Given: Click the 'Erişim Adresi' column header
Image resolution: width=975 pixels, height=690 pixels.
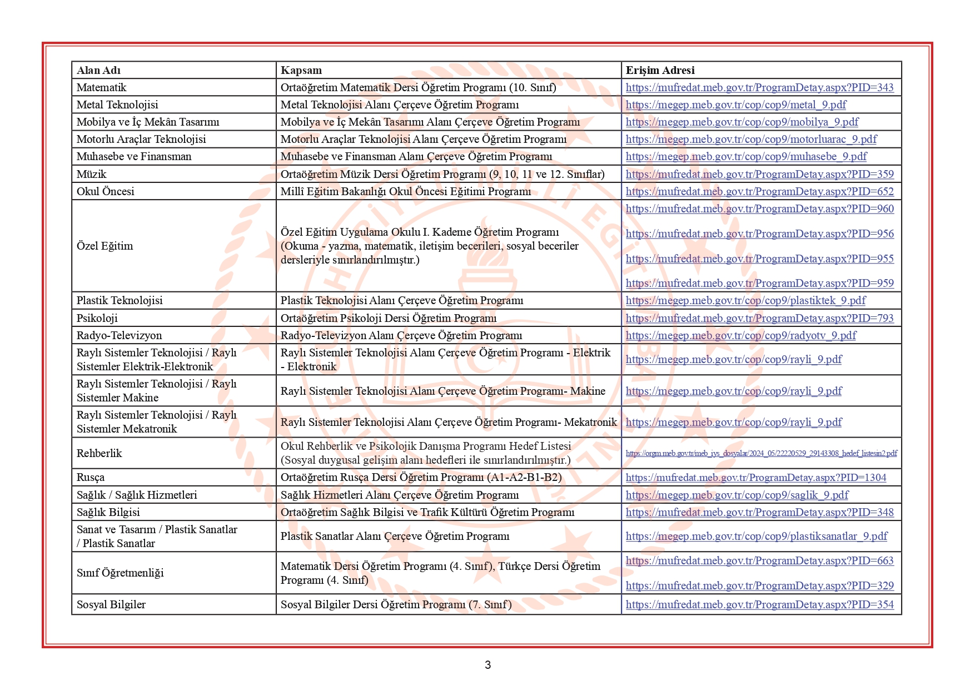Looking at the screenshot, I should (660, 70).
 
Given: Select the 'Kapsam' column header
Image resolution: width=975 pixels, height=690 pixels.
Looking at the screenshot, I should (301, 70).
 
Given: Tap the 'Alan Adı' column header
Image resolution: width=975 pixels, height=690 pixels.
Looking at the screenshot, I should (98, 70).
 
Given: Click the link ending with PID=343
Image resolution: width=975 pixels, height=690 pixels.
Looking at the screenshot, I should (759, 87).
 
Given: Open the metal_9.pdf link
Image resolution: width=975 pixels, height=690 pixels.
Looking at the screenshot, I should (736, 105).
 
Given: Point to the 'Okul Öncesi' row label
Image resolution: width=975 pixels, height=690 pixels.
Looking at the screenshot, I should (105, 191).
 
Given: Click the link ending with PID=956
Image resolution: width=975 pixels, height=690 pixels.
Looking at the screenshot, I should (759, 234).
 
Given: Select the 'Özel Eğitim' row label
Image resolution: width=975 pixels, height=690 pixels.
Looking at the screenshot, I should (105, 246).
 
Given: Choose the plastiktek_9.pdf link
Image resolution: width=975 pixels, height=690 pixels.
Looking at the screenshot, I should (745, 300).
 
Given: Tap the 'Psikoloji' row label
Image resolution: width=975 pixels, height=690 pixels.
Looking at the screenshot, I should (97, 318).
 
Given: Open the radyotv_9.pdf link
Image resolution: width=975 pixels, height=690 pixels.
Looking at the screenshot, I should (741, 335).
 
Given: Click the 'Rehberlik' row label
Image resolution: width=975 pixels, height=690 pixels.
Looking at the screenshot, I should (99, 453).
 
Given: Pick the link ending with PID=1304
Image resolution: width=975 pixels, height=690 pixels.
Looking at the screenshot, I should (755, 477).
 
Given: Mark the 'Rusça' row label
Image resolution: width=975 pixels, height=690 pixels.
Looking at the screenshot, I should (90, 477).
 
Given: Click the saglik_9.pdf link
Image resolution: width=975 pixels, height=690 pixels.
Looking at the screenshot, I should (737, 495).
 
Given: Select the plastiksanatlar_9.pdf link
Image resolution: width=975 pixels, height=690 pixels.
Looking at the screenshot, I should (756, 536).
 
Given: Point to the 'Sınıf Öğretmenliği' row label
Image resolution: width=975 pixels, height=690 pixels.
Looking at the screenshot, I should (120, 573).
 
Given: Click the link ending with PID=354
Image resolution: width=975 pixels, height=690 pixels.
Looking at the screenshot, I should (759, 604).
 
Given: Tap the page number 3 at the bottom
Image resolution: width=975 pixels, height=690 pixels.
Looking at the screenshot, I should (487, 665).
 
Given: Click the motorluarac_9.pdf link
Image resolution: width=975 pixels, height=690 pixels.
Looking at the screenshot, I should (751, 139).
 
